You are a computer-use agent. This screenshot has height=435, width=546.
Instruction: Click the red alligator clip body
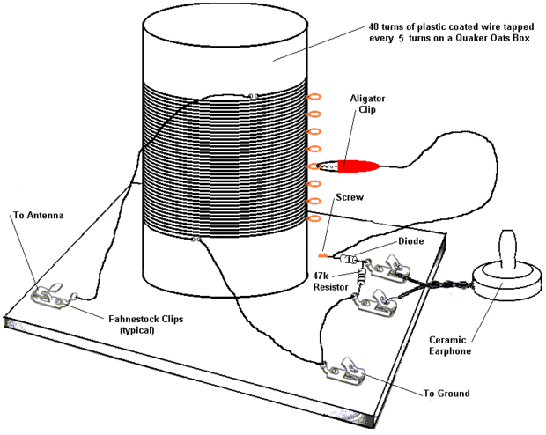click(x=358, y=166)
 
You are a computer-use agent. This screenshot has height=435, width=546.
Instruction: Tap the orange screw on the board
click(x=322, y=255)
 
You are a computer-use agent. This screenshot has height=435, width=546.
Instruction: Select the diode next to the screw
click(x=348, y=259)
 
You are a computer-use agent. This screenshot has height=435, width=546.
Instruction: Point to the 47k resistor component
click(x=362, y=276)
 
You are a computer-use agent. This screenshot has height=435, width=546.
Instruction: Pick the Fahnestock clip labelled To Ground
click(x=345, y=372)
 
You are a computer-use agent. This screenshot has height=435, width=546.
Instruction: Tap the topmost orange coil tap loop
click(x=314, y=97)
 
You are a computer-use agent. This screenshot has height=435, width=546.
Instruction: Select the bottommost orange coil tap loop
click(x=314, y=218)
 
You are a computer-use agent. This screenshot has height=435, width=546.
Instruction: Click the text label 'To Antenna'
click(x=39, y=215)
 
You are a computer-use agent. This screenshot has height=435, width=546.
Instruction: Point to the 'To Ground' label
click(x=446, y=394)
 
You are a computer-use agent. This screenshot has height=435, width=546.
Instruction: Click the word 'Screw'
click(x=350, y=197)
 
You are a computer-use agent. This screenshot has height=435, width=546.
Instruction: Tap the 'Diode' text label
click(x=411, y=241)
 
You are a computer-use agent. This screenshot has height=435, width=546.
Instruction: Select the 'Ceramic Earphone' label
click(x=449, y=345)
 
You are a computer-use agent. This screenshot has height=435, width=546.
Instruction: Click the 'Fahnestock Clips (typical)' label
click(x=146, y=324)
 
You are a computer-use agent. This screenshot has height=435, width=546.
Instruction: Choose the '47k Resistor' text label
click(x=330, y=282)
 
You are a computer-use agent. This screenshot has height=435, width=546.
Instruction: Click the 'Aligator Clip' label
click(x=367, y=104)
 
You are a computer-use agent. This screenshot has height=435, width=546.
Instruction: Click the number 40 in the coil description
click(x=374, y=26)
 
